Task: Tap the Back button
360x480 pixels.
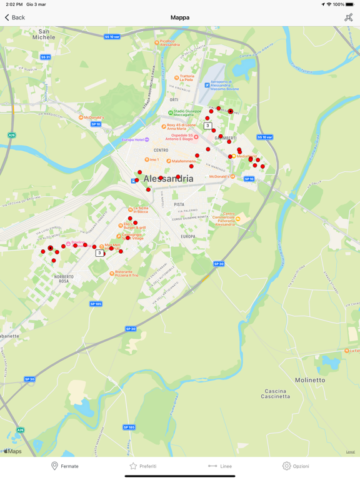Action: (15, 17)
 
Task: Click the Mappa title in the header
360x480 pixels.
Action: (180, 17)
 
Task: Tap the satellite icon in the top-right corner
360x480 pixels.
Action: (348, 17)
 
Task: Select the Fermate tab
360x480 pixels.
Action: (64, 466)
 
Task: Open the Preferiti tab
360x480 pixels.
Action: (142, 466)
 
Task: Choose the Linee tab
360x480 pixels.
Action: (220, 466)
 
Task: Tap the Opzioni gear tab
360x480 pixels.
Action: (296, 466)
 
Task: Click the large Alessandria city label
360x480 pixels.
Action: (168, 179)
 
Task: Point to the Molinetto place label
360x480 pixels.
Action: (310, 380)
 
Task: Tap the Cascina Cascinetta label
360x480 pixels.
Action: (275, 394)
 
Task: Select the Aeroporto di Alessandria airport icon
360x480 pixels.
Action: (207, 85)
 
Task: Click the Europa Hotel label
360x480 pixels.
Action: (132, 140)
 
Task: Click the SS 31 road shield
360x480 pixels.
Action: (45, 57)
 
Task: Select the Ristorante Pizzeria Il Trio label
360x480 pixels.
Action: (126, 273)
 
